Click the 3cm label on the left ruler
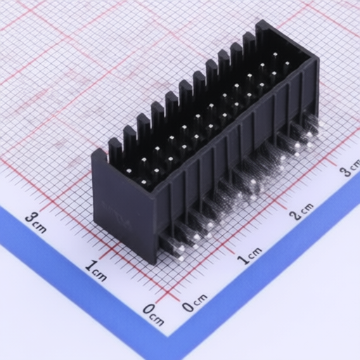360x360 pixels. (36, 223)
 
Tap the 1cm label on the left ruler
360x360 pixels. (96, 270)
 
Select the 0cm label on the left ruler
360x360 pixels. (153, 315)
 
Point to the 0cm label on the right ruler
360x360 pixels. (195, 302)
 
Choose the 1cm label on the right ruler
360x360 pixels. (250, 256)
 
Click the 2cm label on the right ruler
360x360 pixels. (302, 211)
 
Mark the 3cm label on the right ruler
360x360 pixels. (351, 168)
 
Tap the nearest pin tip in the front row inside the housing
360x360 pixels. (144, 182)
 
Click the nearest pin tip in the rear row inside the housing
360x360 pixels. (129, 170)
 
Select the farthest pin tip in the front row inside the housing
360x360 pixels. (287, 63)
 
